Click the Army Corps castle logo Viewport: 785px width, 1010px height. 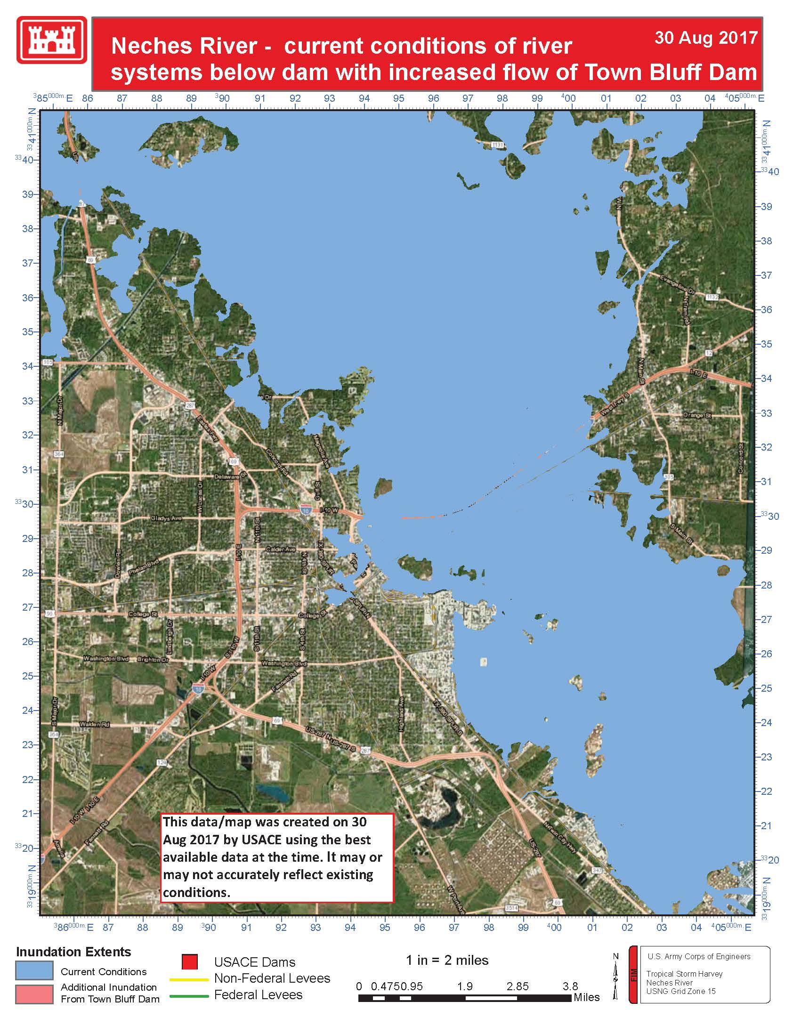(x=52, y=40)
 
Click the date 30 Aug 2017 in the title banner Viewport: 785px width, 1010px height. (x=705, y=38)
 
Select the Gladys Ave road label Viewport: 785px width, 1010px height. (x=166, y=518)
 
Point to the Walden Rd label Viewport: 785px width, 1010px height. (x=95, y=724)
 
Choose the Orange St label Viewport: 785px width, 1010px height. (x=697, y=415)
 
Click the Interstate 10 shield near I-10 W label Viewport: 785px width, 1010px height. (x=306, y=510)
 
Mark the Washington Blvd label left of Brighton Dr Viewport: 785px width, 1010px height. (x=106, y=659)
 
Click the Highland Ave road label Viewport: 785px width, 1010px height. (x=401, y=714)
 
